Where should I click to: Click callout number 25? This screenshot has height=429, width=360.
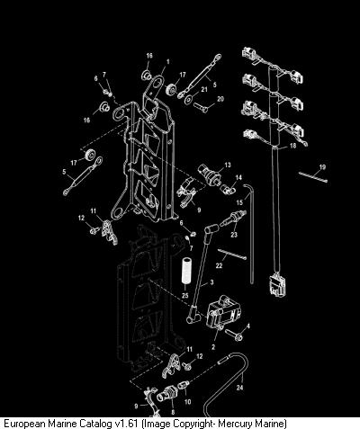click(x=185, y=295)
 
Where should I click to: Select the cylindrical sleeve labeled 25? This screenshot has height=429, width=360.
click(x=186, y=271)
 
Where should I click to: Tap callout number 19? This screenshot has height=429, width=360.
click(x=322, y=167)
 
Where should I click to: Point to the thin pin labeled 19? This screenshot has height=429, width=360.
click(x=313, y=176)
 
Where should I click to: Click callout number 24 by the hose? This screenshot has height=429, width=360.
click(x=239, y=388)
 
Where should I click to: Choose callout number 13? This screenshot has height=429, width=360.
click(x=228, y=165)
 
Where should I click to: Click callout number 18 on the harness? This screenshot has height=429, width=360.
click(x=292, y=146)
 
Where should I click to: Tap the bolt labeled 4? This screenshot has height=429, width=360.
click(x=234, y=335)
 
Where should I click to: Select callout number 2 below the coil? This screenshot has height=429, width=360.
click(x=213, y=347)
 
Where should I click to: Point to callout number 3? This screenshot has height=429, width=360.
click(x=211, y=282)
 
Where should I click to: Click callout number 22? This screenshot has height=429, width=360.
click(x=219, y=265)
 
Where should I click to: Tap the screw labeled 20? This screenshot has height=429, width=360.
click(x=201, y=107)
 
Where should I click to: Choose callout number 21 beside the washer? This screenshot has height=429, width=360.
click(x=204, y=89)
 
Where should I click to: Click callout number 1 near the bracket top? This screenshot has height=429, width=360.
click(x=168, y=62)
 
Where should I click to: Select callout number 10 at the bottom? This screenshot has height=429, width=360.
click(x=187, y=401)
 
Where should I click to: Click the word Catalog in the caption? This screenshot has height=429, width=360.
click(x=95, y=424)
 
